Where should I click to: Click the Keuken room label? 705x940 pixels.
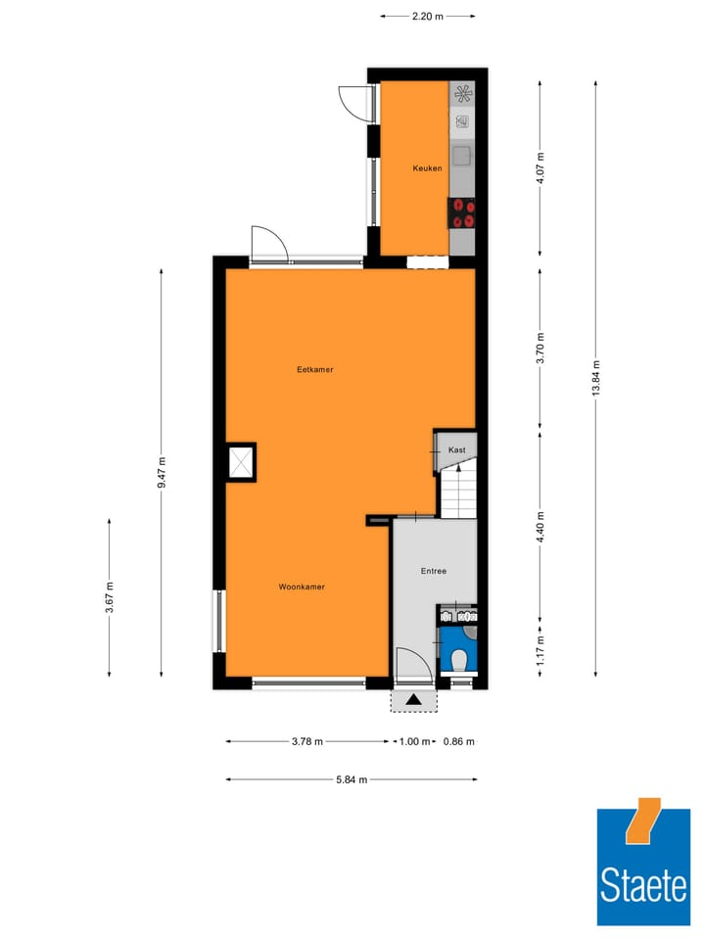coord(427,168)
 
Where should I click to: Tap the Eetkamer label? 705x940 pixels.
coord(315,370)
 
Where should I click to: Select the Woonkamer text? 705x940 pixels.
coord(302,587)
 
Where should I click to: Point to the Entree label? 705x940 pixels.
coord(434,571)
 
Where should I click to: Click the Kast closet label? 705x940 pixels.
coord(457,449)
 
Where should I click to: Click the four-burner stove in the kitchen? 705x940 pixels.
coord(462,212)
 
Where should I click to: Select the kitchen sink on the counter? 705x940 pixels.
coord(462,155)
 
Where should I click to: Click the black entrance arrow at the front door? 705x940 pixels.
coord(414,699)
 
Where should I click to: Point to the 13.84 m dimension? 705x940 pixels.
coord(596,377)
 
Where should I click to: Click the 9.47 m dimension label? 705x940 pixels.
coord(162,472)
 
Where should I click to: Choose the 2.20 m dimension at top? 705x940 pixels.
coord(427,16)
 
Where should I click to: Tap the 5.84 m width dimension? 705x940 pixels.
coord(352,779)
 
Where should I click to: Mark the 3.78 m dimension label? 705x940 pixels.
coord(307,741)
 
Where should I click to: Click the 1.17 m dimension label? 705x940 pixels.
coord(540,647)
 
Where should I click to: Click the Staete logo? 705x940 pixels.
coord(643,868)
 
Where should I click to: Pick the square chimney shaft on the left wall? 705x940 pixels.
coord(241,462)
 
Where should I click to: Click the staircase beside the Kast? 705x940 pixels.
coord(458,493)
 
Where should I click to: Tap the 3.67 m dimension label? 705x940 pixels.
coord(110,597)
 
